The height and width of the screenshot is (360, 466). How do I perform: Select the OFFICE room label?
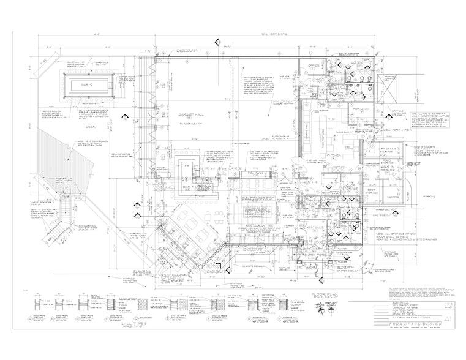(x=315, y=65)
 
